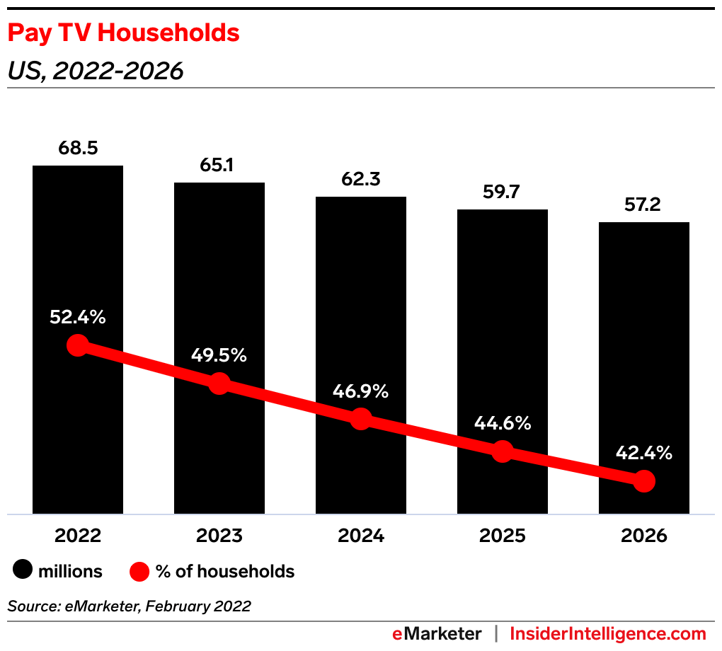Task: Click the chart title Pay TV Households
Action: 123,33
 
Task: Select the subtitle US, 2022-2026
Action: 96,71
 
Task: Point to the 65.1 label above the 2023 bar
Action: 219,166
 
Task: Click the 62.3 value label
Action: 361,180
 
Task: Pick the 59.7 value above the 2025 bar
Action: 503,192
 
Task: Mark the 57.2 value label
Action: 644,205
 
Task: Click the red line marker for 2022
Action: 78,345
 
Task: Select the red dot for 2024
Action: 361,418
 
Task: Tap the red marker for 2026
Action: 644,481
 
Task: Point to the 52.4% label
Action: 78,318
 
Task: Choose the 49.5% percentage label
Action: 219,355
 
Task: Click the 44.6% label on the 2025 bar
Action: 503,424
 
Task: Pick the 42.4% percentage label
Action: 644,453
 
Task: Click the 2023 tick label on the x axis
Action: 219,536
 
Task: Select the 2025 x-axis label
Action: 503,536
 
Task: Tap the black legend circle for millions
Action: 23,571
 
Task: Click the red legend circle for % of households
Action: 140,571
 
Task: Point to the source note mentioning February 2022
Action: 129,606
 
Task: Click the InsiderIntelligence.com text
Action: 608,633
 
